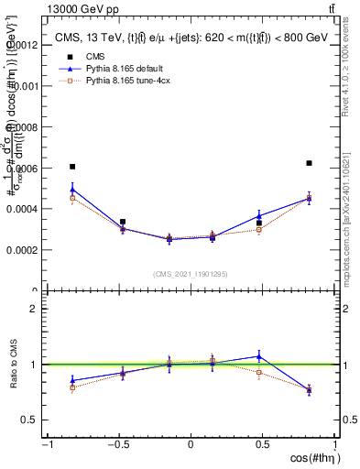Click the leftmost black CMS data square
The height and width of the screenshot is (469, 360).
coord(72,167)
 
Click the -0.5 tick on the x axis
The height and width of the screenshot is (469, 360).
coord(117,445)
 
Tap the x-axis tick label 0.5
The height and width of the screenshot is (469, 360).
coord(264,445)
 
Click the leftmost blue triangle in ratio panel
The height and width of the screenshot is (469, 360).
coord(72,380)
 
